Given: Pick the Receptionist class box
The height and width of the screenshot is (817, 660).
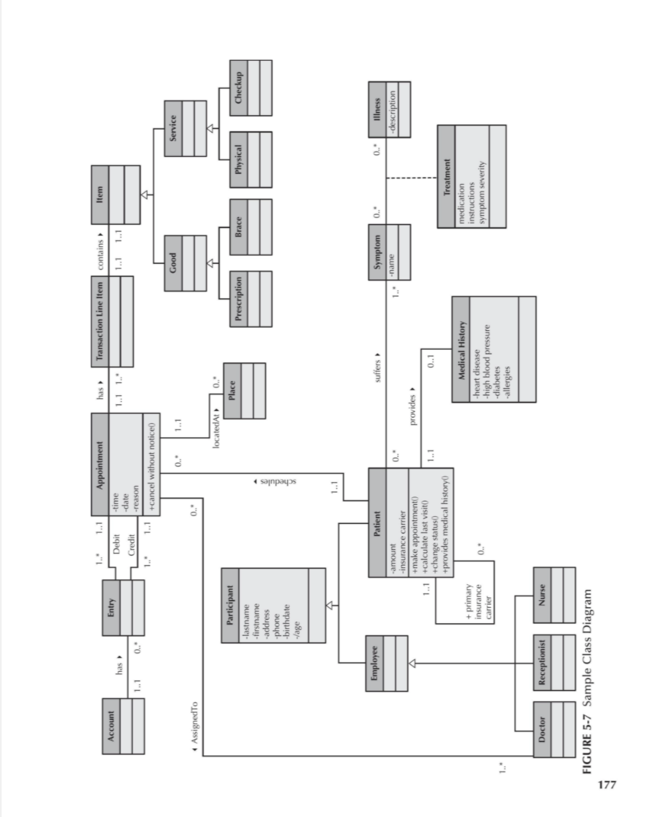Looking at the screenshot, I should coord(554,661).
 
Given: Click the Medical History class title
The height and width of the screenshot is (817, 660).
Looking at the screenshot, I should coord(461,349).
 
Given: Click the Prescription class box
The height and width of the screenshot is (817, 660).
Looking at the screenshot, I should coord(250,300).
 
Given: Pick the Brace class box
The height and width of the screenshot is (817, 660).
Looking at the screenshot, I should coord(250,227).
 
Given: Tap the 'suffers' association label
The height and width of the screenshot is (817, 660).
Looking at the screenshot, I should coord(378,365).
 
